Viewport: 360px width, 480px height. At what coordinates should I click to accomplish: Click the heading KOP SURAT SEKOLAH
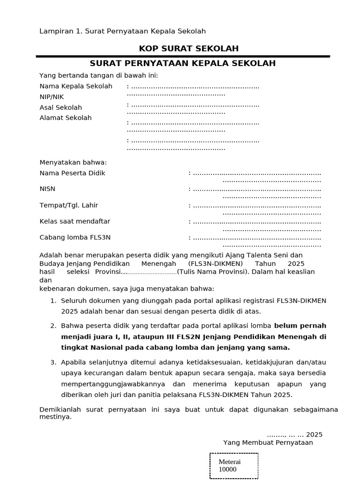click(182, 48)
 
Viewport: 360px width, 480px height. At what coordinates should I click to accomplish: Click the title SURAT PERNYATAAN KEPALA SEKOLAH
click(182, 63)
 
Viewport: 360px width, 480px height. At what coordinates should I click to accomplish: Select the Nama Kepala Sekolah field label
click(76, 86)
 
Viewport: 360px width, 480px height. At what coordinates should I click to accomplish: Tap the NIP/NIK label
click(52, 97)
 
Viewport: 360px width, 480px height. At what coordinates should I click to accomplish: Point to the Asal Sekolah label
click(60, 107)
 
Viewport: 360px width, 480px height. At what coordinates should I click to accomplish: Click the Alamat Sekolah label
click(66, 118)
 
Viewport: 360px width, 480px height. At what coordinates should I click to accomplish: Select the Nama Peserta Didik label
click(72, 173)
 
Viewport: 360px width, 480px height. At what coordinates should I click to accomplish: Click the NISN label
click(47, 189)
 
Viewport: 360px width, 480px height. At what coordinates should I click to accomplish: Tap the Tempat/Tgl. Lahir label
click(69, 205)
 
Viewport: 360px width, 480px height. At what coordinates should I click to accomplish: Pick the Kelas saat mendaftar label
click(75, 221)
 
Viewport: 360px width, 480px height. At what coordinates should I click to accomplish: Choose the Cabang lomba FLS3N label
click(75, 237)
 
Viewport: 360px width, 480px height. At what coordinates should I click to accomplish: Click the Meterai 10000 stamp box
click(233, 465)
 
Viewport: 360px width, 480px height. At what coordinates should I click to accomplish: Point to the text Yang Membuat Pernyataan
click(268, 442)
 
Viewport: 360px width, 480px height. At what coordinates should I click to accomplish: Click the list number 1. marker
click(53, 300)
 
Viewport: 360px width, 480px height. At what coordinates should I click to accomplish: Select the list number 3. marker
click(53, 362)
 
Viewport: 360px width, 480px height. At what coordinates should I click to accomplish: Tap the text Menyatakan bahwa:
click(73, 163)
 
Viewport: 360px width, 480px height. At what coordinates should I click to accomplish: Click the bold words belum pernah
click(300, 326)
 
